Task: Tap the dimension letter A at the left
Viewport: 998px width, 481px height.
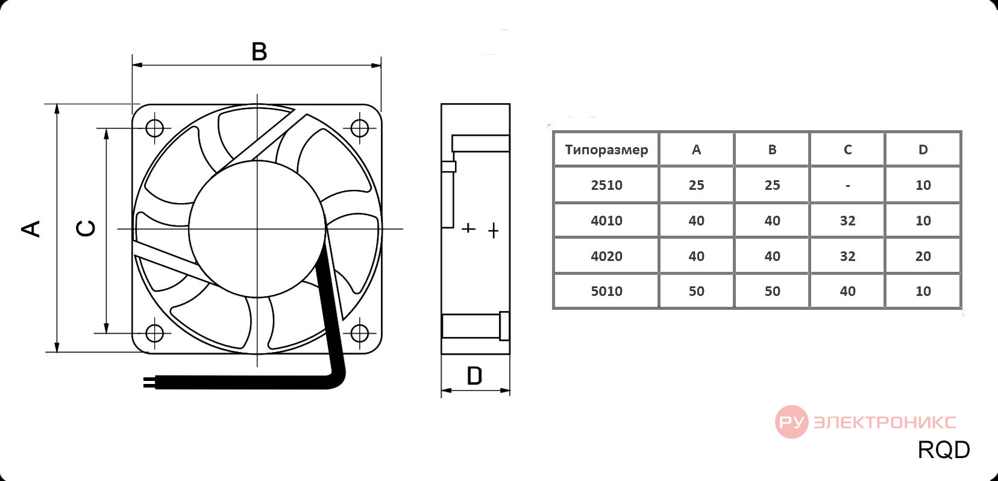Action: (31, 228)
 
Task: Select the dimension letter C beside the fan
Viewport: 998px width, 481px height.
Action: (86, 228)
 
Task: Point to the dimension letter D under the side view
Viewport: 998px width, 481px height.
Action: (474, 376)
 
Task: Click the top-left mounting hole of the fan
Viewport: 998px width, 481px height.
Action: (155, 128)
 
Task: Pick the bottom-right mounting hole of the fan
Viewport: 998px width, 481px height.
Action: (359, 333)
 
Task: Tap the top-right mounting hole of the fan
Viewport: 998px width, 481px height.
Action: (359, 128)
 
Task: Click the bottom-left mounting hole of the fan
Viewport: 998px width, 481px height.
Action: (155, 333)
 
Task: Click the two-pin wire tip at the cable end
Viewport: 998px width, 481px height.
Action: (149, 383)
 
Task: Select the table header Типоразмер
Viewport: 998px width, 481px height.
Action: (606, 149)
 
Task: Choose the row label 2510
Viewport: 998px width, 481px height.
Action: (606, 185)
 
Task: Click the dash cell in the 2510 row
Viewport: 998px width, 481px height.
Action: (847, 186)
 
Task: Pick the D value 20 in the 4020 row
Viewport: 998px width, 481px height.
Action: (923, 256)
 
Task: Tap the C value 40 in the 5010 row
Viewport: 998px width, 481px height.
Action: (847, 291)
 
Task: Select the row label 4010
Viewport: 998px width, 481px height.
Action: (606, 220)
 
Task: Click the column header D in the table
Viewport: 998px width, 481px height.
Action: (923, 149)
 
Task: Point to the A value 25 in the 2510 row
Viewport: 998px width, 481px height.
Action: (697, 185)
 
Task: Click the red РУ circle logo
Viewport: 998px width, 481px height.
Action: (792, 422)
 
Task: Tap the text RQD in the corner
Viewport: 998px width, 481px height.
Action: (944, 450)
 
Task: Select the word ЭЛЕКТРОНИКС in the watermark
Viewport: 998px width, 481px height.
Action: (884, 422)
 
